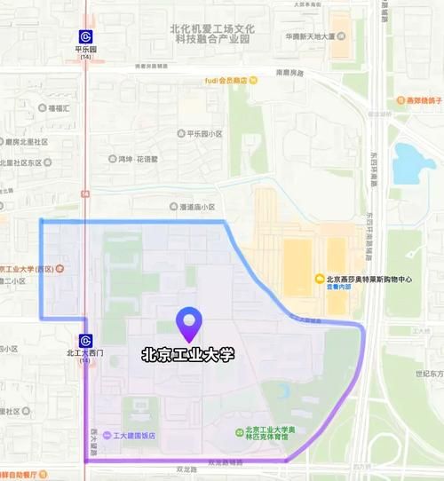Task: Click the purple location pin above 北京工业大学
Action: pos(188,324)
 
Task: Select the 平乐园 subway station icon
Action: pos(85,36)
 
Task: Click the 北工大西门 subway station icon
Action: pos(85,340)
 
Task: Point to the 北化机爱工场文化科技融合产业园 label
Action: pos(214,34)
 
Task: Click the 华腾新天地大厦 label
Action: pos(310,37)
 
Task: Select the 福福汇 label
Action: pos(59,106)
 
